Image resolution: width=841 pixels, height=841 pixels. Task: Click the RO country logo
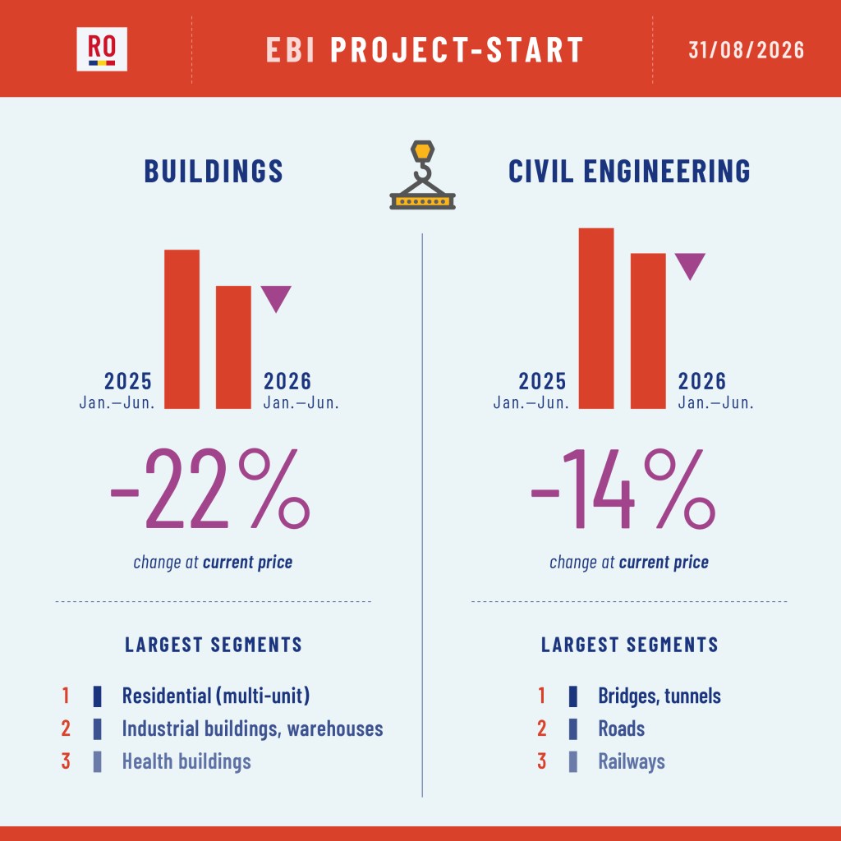pyautogui.click(x=102, y=48)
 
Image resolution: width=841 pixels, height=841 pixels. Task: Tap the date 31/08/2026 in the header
pyautogui.click(x=746, y=50)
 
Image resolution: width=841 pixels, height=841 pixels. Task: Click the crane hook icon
pyautogui.click(x=423, y=175)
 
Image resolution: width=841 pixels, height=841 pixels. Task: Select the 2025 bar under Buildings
pyautogui.click(x=182, y=329)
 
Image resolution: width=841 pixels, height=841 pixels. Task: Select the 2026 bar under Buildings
pyautogui.click(x=233, y=347)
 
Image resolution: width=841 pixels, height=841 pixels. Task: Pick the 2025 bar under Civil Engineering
pyautogui.click(x=596, y=319)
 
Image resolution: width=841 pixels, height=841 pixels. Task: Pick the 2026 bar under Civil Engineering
pyautogui.click(x=648, y=331)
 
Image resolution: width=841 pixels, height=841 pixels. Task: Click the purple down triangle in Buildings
pyautogui.click(x=276, y=297)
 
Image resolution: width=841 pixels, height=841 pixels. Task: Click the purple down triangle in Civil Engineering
pyautogui.click(x=690, y=265)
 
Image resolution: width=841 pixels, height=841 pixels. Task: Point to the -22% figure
pyautogui.click(x=210, y=489)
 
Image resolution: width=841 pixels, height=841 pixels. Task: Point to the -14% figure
pyautogui.click(x=623, y=489)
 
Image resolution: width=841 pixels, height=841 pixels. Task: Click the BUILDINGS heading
pyautogui.click(x=214, y=171)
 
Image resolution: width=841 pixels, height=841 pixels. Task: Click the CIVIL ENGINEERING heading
pyautogui.click(x=629, y=171)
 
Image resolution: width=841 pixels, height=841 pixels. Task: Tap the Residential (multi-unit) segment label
pyautogui.click(x=216, y=696)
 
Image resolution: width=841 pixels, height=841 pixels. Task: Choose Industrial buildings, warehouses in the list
pyautogui.click(x=253, y=728)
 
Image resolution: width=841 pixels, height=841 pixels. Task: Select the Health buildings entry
pyautogui.click(x=186, y=761)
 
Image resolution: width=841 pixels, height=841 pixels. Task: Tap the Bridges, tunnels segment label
pyautogui.click(x=659, y=696)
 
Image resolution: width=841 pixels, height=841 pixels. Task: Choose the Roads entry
pyautogui.click(x=621, y=728)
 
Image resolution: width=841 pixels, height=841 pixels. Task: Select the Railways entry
pyautogui.click(x=632, y=761)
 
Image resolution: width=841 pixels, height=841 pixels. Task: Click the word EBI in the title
pyautogui.click(x=290, y=50)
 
